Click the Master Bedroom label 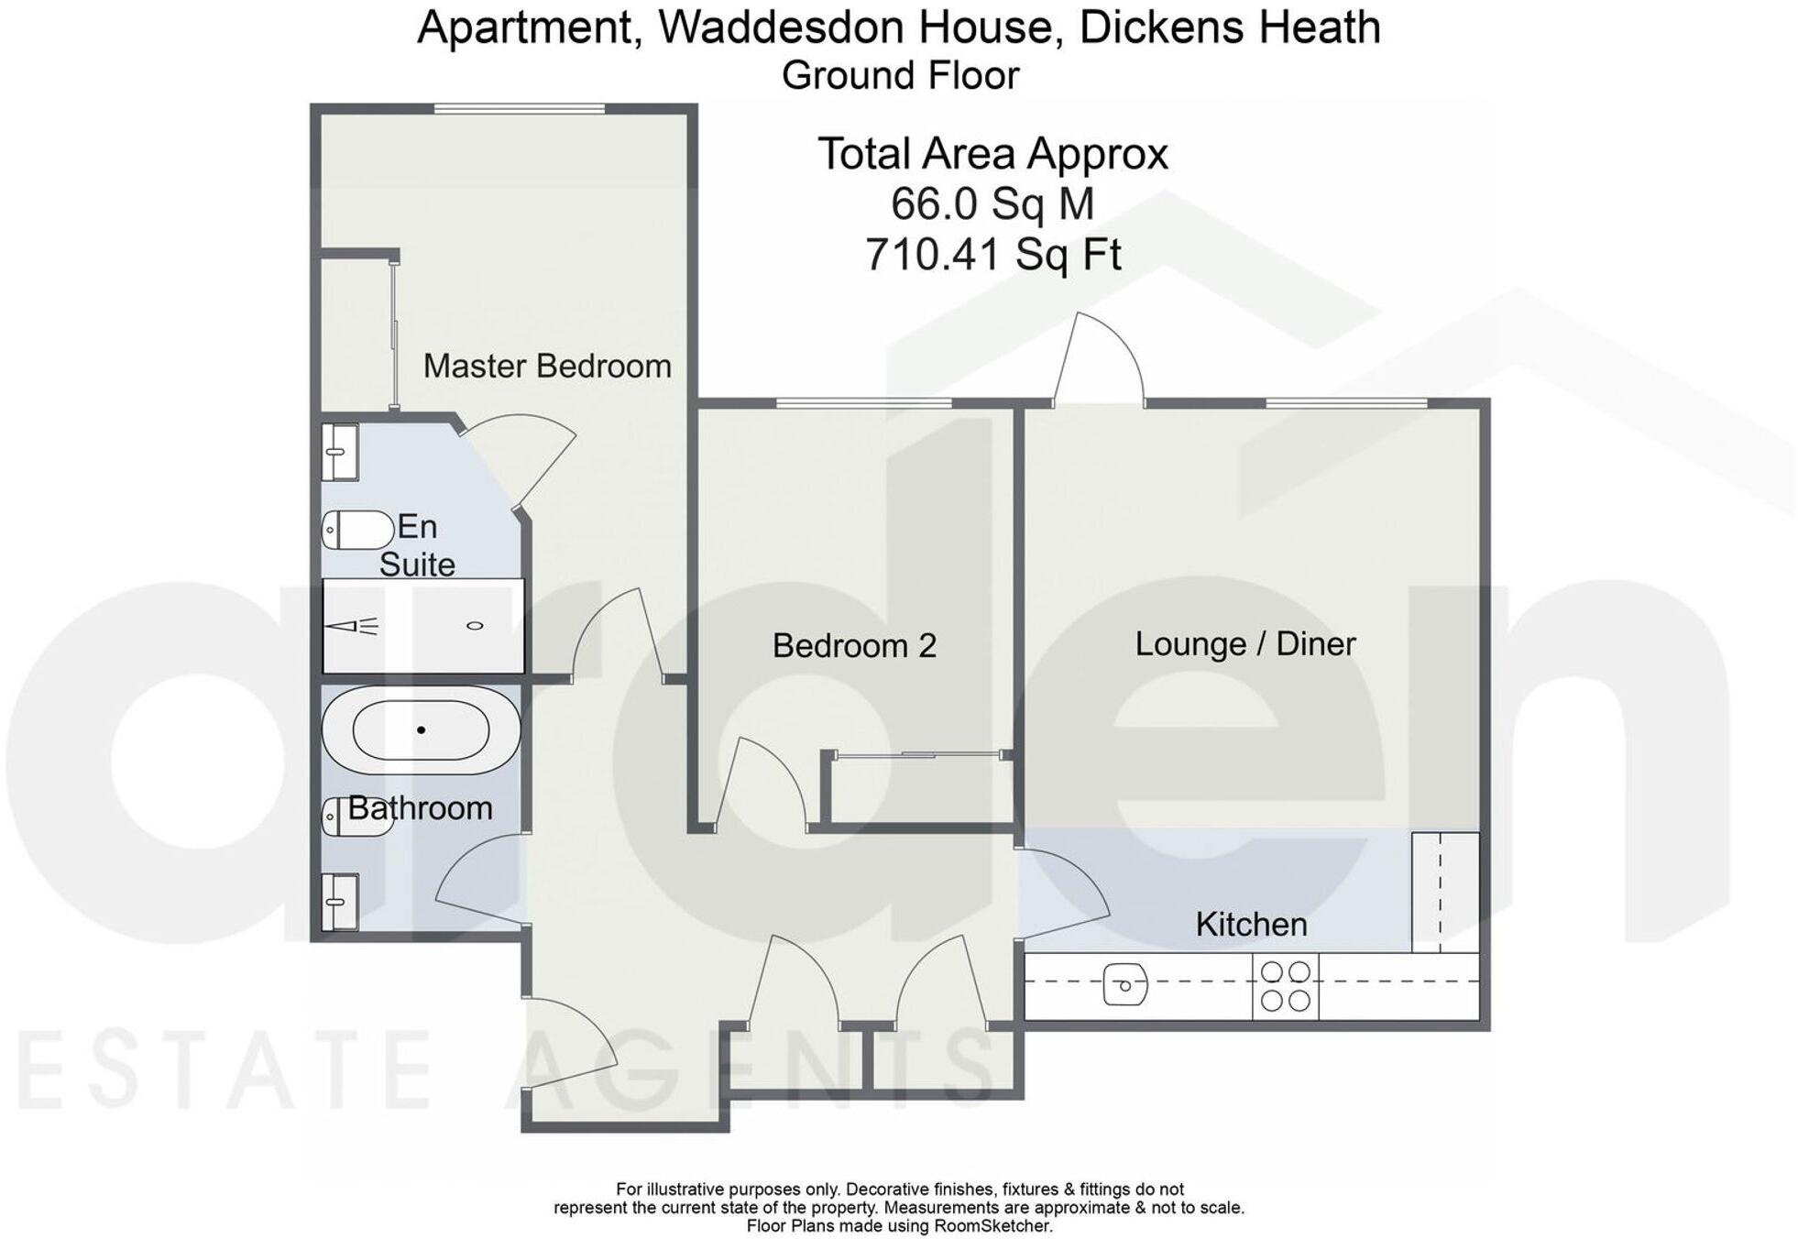547,367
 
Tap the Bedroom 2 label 854,646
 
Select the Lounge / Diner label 1244,644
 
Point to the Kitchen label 1251,925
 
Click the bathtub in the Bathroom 421,730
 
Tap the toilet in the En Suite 357,530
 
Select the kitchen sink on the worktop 1124,986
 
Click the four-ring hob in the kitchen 1285,986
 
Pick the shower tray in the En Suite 422,626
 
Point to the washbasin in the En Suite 339,452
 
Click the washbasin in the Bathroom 339,902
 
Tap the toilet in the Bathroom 357,817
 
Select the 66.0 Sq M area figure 992,203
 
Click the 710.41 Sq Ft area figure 992,255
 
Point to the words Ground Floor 900,76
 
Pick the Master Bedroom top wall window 519,109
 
